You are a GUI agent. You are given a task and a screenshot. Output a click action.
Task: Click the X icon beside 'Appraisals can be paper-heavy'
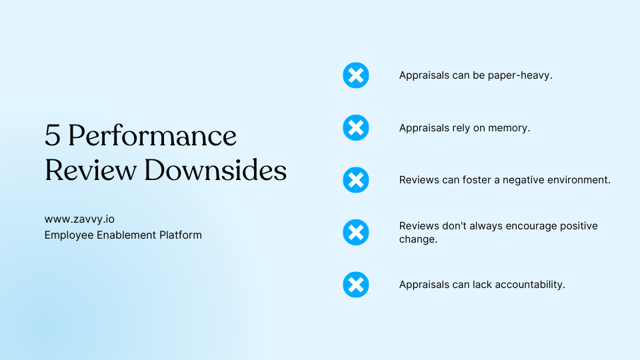(356, 75)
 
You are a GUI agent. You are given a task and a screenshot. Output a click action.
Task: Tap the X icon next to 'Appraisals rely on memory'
(356, 127)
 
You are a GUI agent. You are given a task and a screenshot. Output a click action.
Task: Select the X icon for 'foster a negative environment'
(356, 180)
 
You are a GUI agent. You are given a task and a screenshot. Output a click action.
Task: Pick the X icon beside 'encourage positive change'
(356, 232)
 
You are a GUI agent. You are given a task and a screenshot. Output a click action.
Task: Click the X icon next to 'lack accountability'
(356, 285)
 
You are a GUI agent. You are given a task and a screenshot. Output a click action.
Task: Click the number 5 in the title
(52, 135)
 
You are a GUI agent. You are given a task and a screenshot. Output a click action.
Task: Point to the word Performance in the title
(152, 135)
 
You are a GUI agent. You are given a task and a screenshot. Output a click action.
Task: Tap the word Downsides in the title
(215, 170)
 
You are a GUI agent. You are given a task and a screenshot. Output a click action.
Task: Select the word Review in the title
(90, 170)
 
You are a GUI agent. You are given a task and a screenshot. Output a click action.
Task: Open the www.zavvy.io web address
(79, 219)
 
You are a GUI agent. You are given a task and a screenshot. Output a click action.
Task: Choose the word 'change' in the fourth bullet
(418, 239)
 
